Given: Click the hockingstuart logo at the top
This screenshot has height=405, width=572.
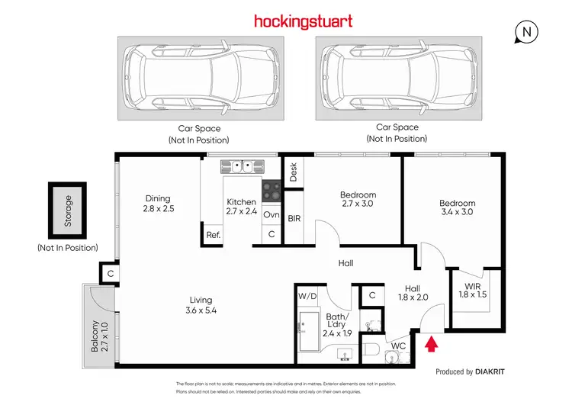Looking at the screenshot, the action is [x=303, y=21].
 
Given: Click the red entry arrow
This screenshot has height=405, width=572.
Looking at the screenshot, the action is [x=431, y=345].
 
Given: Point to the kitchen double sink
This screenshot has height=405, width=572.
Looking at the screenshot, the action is [x=242, y=165].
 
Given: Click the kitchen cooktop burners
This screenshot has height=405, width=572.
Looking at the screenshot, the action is [x=271, y=191].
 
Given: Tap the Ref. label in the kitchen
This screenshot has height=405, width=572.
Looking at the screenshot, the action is [x=214, y=235].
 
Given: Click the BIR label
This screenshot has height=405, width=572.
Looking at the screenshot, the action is [x=294, y=218].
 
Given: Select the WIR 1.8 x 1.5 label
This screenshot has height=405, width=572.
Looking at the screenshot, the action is [x=473, y=290].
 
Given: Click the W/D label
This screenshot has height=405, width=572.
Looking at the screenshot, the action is [x=308, y=295].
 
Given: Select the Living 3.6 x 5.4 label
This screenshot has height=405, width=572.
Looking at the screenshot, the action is [x=201, y=305].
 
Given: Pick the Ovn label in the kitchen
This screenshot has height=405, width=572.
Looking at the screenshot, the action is [x=271, y=215].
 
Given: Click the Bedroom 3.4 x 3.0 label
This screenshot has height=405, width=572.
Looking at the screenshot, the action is [x=457, y=207].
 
